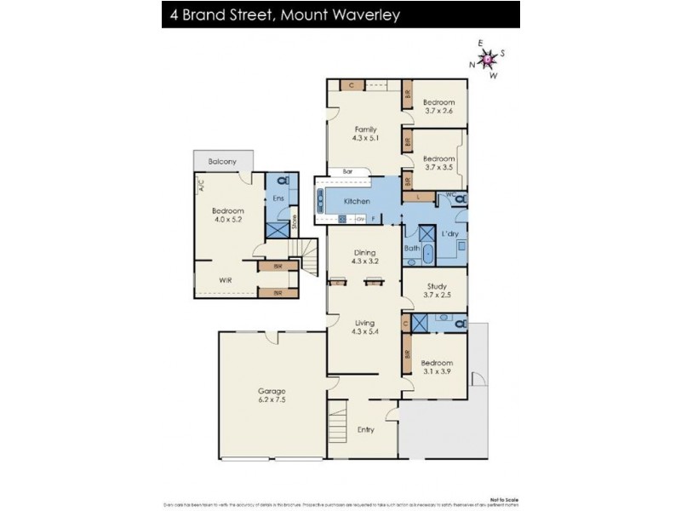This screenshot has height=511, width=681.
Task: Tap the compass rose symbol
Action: (488, 59)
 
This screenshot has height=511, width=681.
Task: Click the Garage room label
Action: (272, 392)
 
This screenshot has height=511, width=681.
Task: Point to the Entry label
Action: (366, 429)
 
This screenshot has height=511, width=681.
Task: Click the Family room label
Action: (365, 129)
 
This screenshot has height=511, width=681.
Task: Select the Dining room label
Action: (364, 252)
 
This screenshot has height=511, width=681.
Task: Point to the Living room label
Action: (364, 322)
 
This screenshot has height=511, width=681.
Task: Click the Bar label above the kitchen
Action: (347, 171)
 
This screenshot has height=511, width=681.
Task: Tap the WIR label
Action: (226, 278)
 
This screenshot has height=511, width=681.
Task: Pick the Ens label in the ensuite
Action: (278, 198)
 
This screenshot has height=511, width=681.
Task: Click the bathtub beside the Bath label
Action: (428, 253)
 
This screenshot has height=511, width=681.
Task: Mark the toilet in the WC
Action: (459, 198)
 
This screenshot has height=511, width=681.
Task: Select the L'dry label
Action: (449, 233)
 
